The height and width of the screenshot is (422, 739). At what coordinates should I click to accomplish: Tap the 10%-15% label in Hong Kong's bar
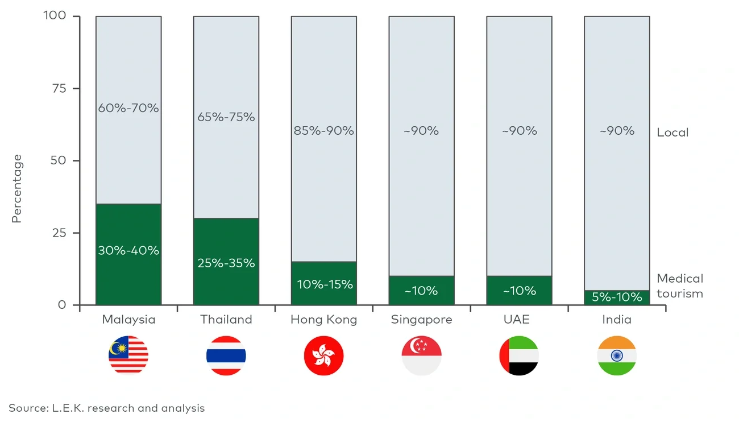pyautogui.click(x=324, y=284)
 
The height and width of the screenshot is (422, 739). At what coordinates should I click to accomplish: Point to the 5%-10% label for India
pyautogui.click(x=617, y=297)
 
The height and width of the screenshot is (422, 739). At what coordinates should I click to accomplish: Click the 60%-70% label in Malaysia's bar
pyautogui.click(x=128, y=107)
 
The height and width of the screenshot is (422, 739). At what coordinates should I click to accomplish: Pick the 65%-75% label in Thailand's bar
pyautogui.click(x=226, y=117)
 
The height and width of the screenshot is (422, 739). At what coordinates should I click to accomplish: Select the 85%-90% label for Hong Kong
pyautogui.click(x=324, y=131)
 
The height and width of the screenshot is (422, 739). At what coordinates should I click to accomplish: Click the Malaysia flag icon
pyautogui.click(x=128, y=355)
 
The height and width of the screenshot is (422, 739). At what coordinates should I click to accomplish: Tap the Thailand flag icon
pyautogui.click(x=226, y=355)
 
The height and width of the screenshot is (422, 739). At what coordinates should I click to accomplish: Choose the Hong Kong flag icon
pyautogui.click(x=324, y=355)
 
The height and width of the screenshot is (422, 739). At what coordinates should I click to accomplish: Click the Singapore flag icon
pyautogui.click(x=422, y=355)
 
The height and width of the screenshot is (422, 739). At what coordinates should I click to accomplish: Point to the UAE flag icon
pyautogui.click(x=519, y=355)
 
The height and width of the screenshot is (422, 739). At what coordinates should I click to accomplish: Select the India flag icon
pyautogui.click(x=617, y=355)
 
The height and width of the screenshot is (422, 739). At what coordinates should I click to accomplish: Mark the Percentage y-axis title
pyautogui.click(x=17, y=188)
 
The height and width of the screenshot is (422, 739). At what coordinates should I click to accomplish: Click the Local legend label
pyautogui.click(x=672, y=133)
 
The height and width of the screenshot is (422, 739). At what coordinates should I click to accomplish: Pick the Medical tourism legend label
pyautogui.click(x=680, y=286)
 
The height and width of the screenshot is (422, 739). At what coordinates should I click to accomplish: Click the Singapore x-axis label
pyautogui.click(x=422, y=320)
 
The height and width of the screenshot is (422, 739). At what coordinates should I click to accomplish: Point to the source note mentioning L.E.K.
pyautogui.click(x=107, y=408)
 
